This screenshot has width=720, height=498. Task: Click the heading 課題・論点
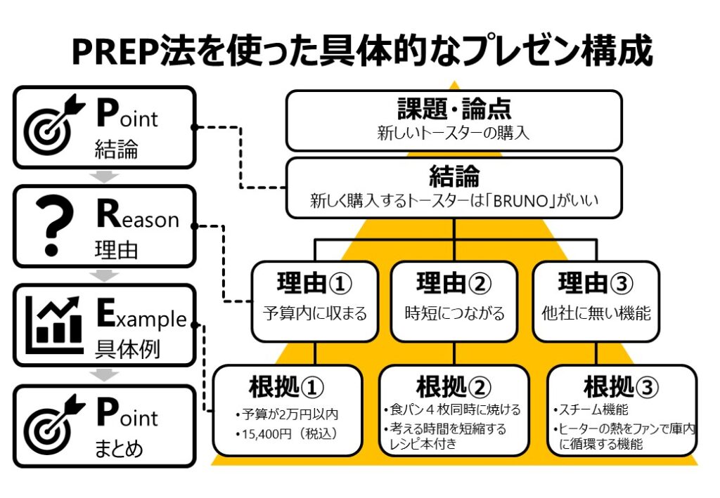tap(454, 109)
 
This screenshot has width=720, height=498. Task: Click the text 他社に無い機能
tap(596, 313)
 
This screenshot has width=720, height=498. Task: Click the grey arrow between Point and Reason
tap(104, 176)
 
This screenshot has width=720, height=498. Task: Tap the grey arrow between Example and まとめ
tap(104, 376)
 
